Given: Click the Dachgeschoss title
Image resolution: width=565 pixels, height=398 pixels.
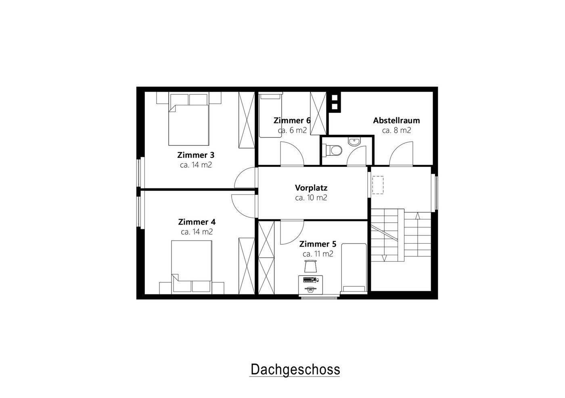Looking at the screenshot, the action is coord(295,370).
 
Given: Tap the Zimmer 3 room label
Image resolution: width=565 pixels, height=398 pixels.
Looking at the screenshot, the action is coord(196,155).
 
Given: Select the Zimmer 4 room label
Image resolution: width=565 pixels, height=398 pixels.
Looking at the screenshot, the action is coord(197,222).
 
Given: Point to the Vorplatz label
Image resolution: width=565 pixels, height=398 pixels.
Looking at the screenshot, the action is coord(311,188).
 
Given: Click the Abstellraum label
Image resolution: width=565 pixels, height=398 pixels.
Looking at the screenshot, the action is coord(396,121).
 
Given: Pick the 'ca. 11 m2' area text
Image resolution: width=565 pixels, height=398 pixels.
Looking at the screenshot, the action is coord(318,254).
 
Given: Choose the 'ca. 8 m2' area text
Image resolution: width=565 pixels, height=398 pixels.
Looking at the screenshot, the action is coord(396,130).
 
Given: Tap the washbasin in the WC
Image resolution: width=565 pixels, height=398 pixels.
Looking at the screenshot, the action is coord(354,142).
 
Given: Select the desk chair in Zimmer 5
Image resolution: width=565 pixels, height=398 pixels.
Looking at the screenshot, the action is coord(310,266).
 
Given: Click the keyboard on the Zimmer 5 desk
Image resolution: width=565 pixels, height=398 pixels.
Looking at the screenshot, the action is coord(310,279).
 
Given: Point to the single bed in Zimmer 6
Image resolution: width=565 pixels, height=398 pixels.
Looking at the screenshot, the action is coord(270,115).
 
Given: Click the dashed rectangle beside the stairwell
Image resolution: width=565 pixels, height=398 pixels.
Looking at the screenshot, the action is coord(378,185).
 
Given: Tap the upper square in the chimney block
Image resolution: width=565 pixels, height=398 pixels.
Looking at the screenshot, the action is coord(335,98).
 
